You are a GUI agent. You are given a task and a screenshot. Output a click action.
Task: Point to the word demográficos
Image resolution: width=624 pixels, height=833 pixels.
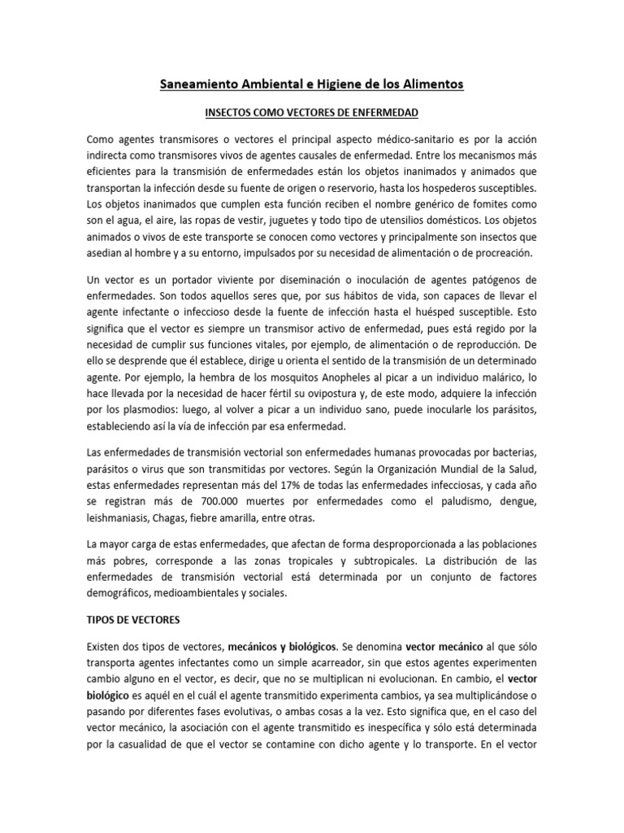tap(119, 595)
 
